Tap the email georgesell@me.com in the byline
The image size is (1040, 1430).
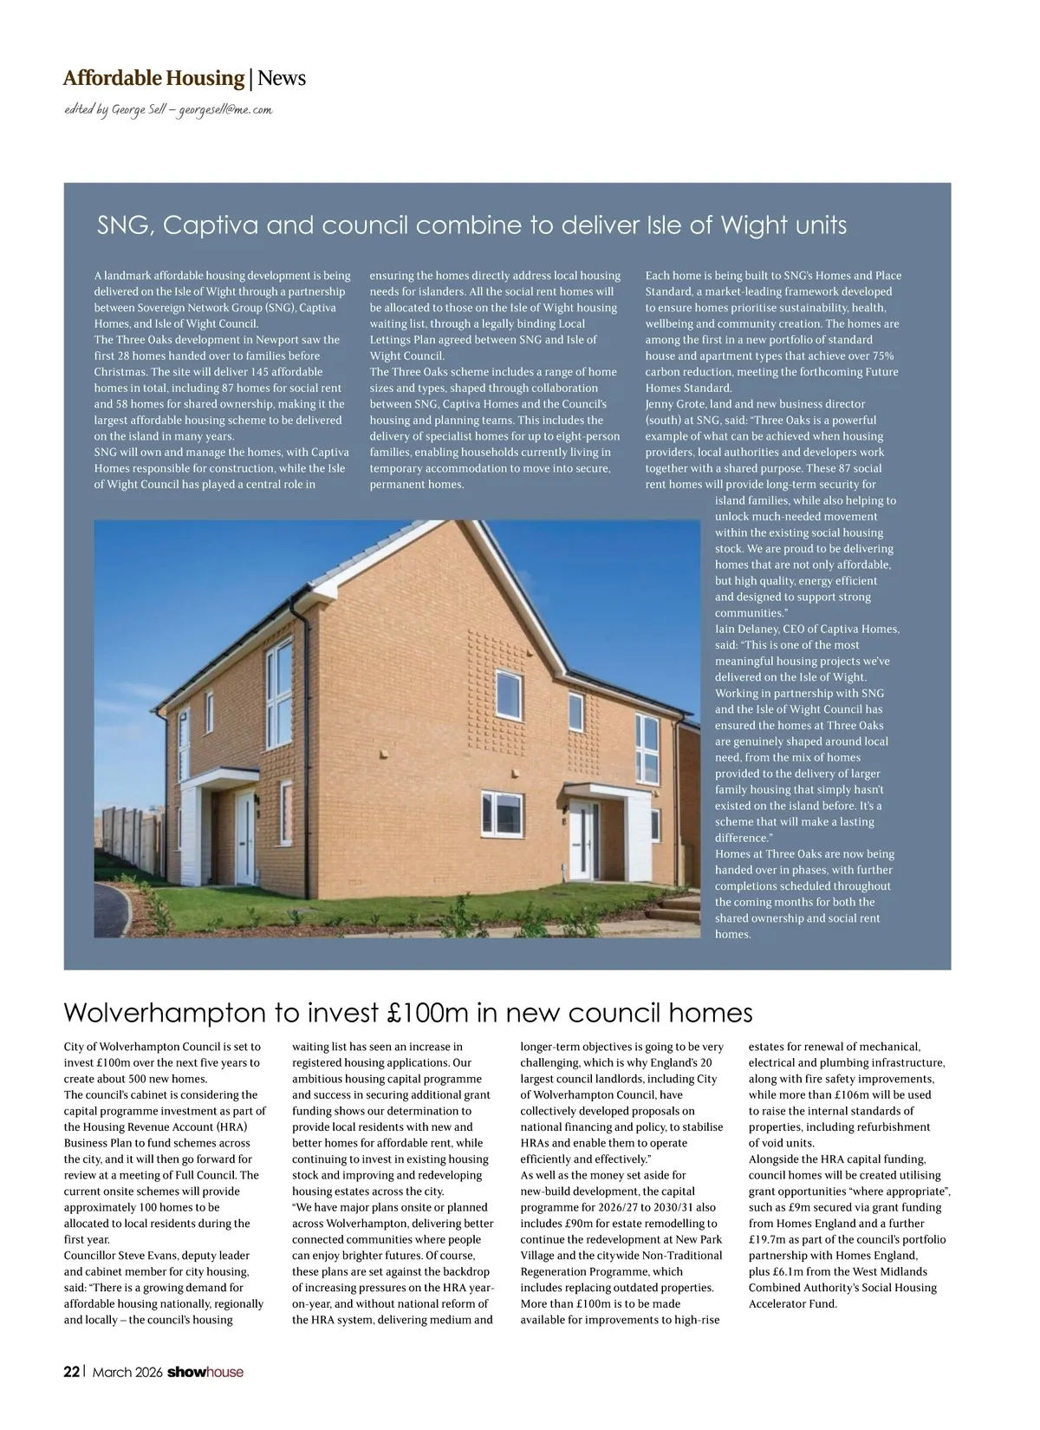coord(225,111)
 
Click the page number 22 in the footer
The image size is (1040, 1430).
coord(72,1372)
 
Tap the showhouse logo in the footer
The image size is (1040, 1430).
coord(205,1372)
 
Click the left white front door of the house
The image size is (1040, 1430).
coord(244,833)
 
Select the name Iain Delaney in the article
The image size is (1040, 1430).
coord(744,630)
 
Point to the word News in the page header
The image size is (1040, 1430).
coord(282,79)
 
